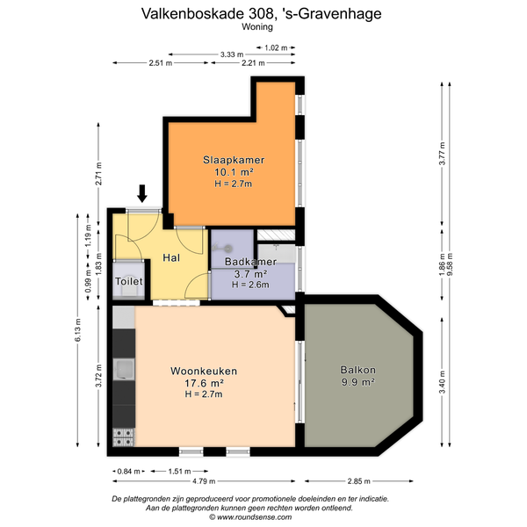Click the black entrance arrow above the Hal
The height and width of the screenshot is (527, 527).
(142, 193)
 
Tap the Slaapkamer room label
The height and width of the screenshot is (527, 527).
(234, 160)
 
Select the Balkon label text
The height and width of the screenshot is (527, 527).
(358, 370)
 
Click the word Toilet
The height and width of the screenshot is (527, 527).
(129, 281)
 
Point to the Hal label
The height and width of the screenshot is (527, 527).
(171, 257)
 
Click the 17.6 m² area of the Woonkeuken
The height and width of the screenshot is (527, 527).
(205, 383)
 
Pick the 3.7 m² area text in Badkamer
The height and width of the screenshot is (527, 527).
(250, 274)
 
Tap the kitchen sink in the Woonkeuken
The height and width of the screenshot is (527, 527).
(124, 369)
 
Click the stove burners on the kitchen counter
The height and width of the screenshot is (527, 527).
(123, 437)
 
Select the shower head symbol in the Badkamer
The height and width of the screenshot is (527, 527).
(223, 249)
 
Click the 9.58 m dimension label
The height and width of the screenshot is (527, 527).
(450, 264)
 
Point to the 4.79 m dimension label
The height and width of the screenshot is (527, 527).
(204, 481)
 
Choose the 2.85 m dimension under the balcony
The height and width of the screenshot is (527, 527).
(359, 481)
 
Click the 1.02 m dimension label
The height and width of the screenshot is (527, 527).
(276, 47)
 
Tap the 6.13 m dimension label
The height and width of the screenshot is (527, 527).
(78, 329)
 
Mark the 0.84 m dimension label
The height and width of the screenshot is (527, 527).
(128, 471)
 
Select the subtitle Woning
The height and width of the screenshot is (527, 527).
(257, 27)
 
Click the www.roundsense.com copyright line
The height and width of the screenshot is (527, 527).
(250, 517)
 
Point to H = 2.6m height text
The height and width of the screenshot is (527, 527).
(250, 285)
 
